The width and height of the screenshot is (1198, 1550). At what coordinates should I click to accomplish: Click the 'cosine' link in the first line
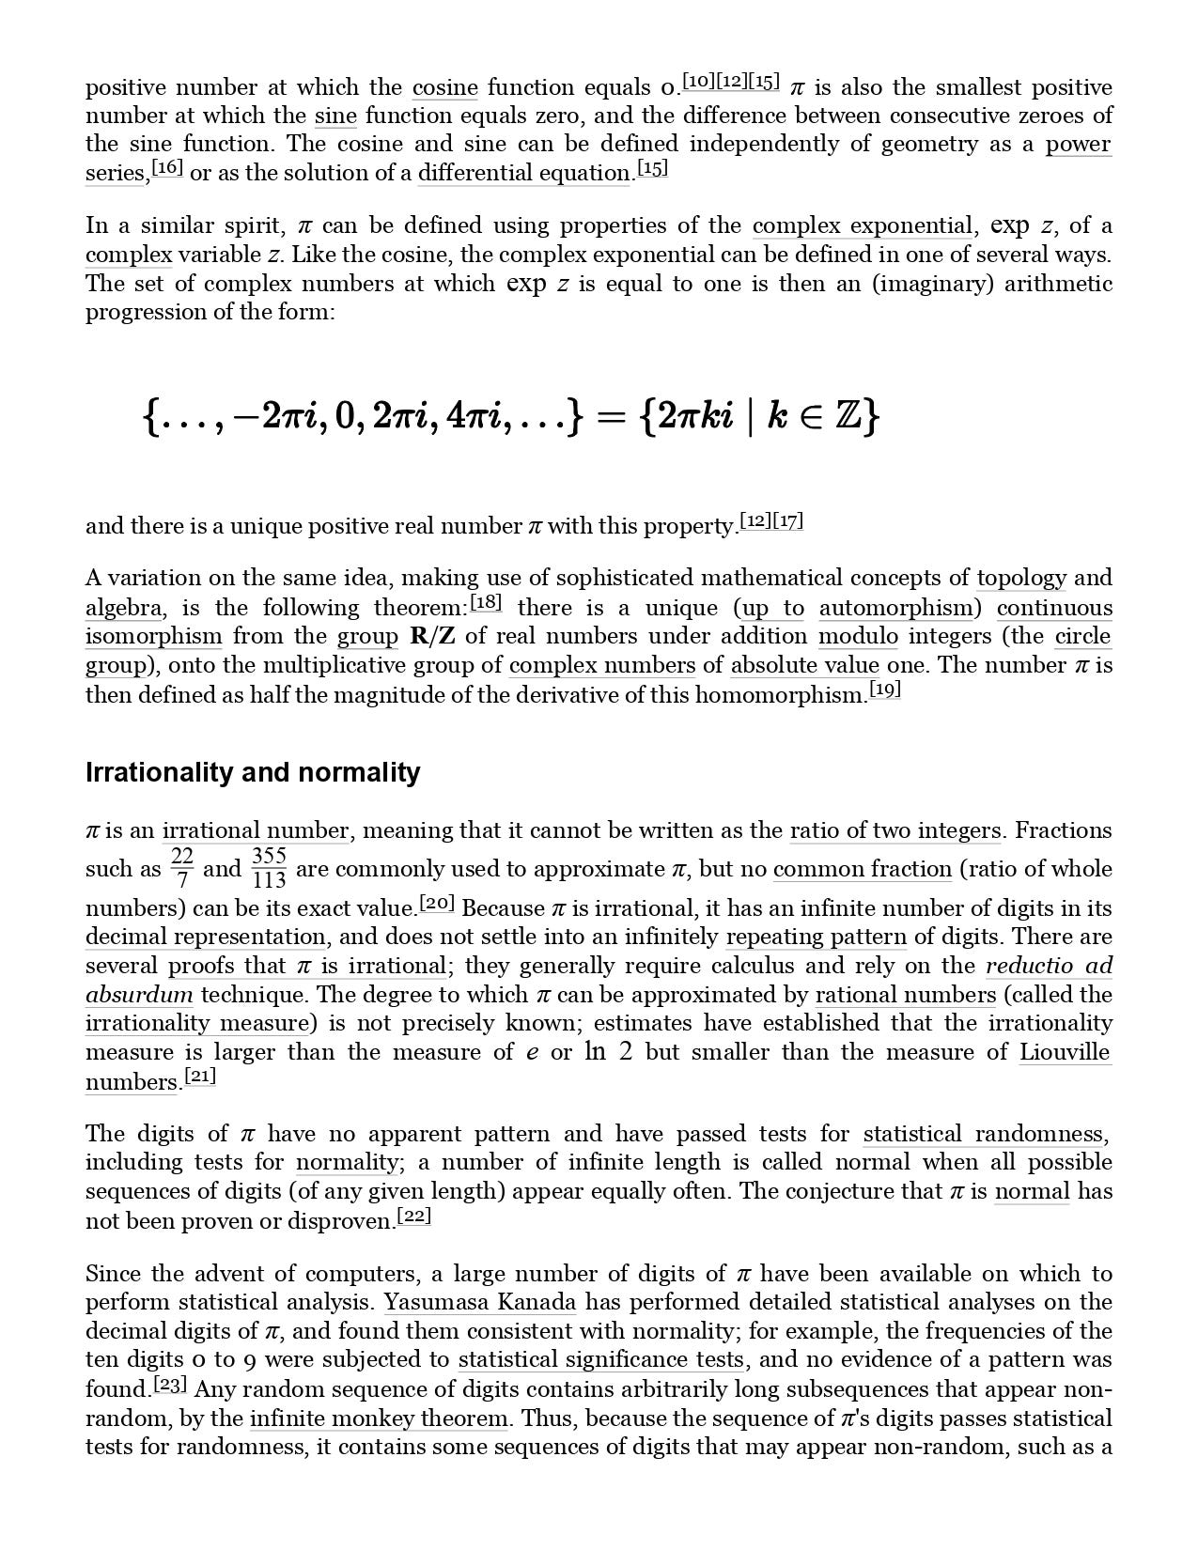point(444,88)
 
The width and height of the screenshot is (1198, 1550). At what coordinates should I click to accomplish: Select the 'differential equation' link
point(523,174)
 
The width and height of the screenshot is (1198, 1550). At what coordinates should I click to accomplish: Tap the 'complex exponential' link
point(862,226)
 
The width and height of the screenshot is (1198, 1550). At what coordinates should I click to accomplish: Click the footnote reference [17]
point(787,521)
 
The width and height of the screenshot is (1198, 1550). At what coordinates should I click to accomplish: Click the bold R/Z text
point(433,637)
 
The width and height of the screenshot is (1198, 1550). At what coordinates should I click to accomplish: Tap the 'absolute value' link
point(804,666)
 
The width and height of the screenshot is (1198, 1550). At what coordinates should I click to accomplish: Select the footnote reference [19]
point(885,690)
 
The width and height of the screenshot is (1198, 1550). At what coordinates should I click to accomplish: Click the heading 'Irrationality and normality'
point(253,773)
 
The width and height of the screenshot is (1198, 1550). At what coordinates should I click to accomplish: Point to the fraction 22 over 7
point(182,869)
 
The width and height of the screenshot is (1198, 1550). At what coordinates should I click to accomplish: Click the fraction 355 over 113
point(269,869)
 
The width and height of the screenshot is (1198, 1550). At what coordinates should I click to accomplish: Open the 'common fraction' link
point(862,870)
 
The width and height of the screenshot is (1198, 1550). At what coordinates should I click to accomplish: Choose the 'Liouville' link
point(1065,1053)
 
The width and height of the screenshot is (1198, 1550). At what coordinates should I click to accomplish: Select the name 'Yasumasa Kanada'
point(480,1303)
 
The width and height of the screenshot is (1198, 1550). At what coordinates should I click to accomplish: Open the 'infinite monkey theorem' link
point(380,1418)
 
